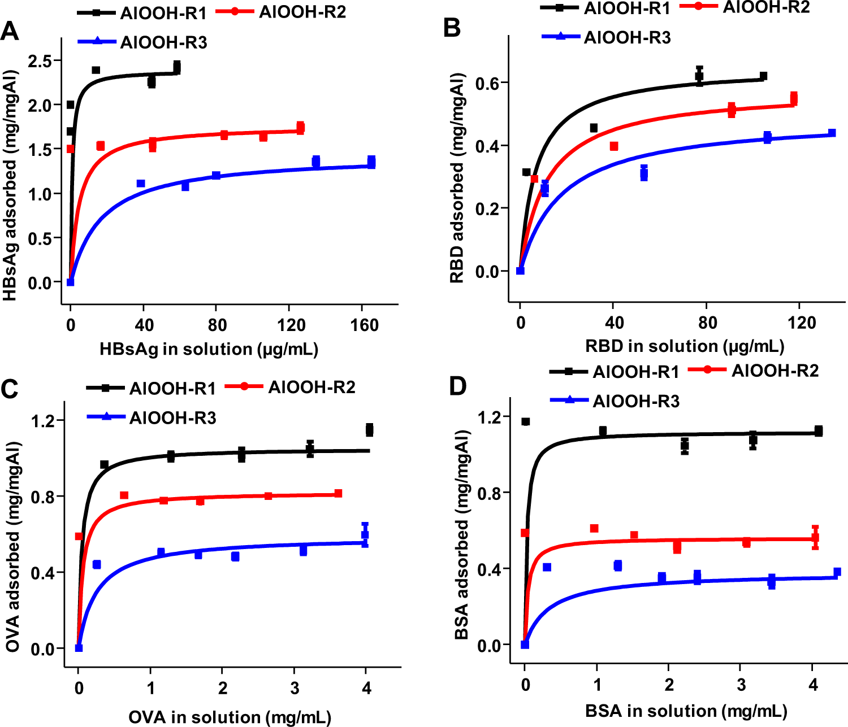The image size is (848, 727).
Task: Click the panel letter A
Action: click(x=10, y=31)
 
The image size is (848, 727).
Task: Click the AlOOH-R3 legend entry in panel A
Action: click(x=142, y=42)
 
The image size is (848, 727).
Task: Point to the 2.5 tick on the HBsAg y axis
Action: click(x=40, y=61)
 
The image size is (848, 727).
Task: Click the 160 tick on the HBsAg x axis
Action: click(x=365, y=325)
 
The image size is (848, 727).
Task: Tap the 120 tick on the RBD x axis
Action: click(x=802, y=323)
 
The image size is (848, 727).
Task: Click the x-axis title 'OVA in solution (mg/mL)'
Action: click(x=230, y=717)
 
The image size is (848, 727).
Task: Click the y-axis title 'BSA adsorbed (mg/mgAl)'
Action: click(x=462, y=534)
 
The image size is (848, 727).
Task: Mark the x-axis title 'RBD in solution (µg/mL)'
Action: click(x=685, y=346)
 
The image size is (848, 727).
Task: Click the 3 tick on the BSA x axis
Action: click(x=741, y=685)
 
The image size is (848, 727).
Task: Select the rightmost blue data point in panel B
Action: click(x=832, y=133)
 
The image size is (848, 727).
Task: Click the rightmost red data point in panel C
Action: click(x=338, y=493)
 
